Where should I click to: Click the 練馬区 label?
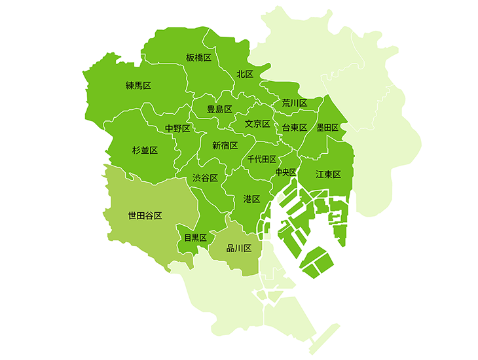click(138, 86)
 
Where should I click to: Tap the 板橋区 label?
click(198, 58)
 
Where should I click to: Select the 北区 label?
click(245, 74)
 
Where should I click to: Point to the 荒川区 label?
click(295, 103)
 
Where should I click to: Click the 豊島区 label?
click(219, 109)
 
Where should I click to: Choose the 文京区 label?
click(257, 124)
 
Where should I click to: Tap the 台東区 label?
click(295, 128)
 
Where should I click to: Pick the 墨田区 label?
click(327, 128)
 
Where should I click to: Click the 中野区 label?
click(177, 129)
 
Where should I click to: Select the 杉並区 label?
click(145, 151)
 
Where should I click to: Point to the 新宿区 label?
click(225, 145)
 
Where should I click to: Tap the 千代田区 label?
click(262, 159)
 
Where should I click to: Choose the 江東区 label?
click(329, 174)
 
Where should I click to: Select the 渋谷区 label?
click(205, 178)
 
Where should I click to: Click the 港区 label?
click(252, 198)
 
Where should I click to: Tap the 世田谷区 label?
click(145, 215)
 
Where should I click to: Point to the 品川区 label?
click(239, 248)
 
